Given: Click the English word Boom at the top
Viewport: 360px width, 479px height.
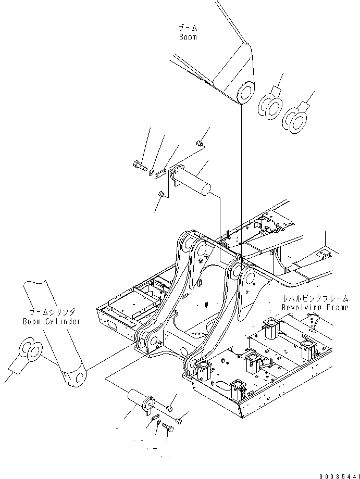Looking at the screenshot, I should (x=188, y=37).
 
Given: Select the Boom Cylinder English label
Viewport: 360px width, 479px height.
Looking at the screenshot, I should (x=52, y=321).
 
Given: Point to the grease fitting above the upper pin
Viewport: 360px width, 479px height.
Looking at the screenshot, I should (x=199, y=143).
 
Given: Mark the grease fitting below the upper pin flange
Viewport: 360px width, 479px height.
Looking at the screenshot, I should (x=162, y=195).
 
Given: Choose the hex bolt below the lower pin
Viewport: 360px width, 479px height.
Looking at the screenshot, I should (x=168, y=426).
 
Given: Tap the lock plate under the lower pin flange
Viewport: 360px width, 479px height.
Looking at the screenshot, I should (x=154, y=417).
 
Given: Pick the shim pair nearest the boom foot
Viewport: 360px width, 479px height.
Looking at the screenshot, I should (x=270, y=105).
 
